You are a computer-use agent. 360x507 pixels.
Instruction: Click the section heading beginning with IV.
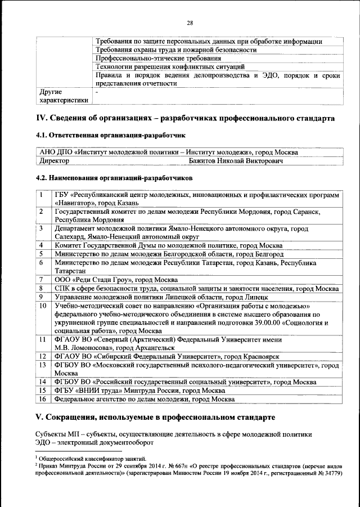[x=185, y=119]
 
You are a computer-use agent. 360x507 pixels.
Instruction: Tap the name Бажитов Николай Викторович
[x=236, y=161]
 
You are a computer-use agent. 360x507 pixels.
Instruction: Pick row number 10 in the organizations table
[x=43, y=306]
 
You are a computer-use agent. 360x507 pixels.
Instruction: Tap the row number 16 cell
[x=43, y=399]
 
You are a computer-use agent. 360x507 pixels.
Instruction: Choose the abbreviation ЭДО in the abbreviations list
[x=44, y=442]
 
